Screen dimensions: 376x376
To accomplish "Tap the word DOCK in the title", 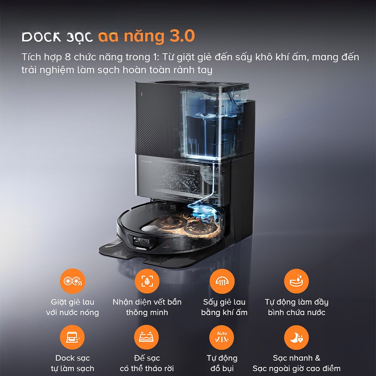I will [x=39, y=37].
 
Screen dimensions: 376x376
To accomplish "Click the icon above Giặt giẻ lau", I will [x=72, y=281].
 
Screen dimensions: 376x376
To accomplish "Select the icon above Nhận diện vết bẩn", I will [x=147, y=281].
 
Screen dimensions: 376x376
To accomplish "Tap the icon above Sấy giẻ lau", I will [x=222, y=281].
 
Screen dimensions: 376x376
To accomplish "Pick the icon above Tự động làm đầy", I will [x=296, y=281].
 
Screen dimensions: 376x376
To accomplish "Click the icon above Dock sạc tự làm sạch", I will [x=72, y=337].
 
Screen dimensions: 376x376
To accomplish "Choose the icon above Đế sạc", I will [x=147, y=337].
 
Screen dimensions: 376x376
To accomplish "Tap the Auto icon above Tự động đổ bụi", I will [x=222, y=337].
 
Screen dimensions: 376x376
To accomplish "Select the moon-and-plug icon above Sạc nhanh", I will [x=296, y=337].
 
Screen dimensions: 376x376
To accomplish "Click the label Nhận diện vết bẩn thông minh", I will [x=147, y=307].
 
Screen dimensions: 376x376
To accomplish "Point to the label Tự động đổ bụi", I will [x=222, y=363].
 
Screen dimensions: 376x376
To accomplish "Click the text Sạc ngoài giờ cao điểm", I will [x=296, y=368].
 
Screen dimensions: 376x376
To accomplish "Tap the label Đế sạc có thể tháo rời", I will [x=147, y=363].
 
